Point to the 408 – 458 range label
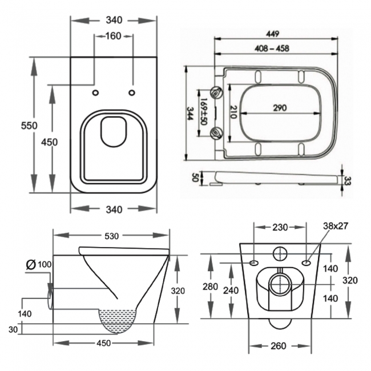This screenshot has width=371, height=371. [x=272, y=49]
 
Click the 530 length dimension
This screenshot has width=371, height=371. [x=111, y=236]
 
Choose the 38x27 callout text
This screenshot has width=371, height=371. [x=336, y=225]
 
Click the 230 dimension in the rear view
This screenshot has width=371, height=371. [x=280, y=227]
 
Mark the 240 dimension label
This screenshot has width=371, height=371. [x=231, y=291]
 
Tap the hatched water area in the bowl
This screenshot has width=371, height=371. [x=120, y=320]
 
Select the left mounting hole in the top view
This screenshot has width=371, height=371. [x=95, y=92]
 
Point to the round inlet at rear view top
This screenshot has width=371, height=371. [x=280, y=252]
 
